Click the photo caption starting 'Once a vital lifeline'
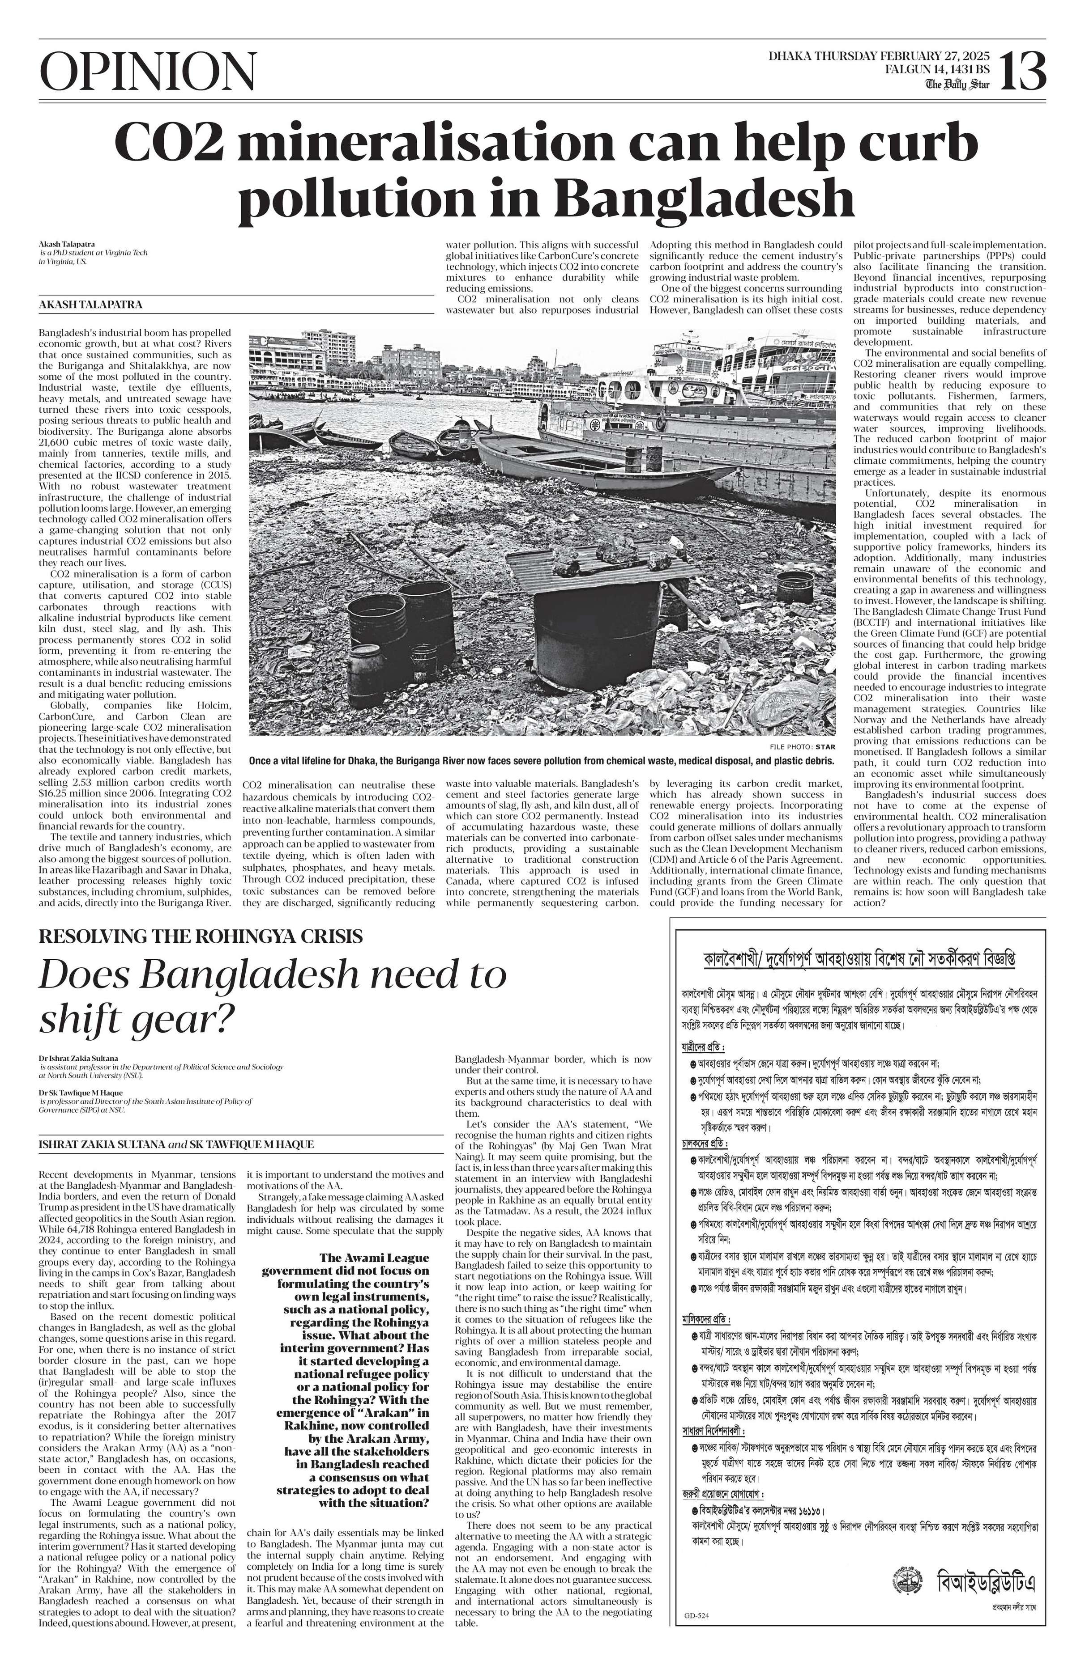(541, 760)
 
